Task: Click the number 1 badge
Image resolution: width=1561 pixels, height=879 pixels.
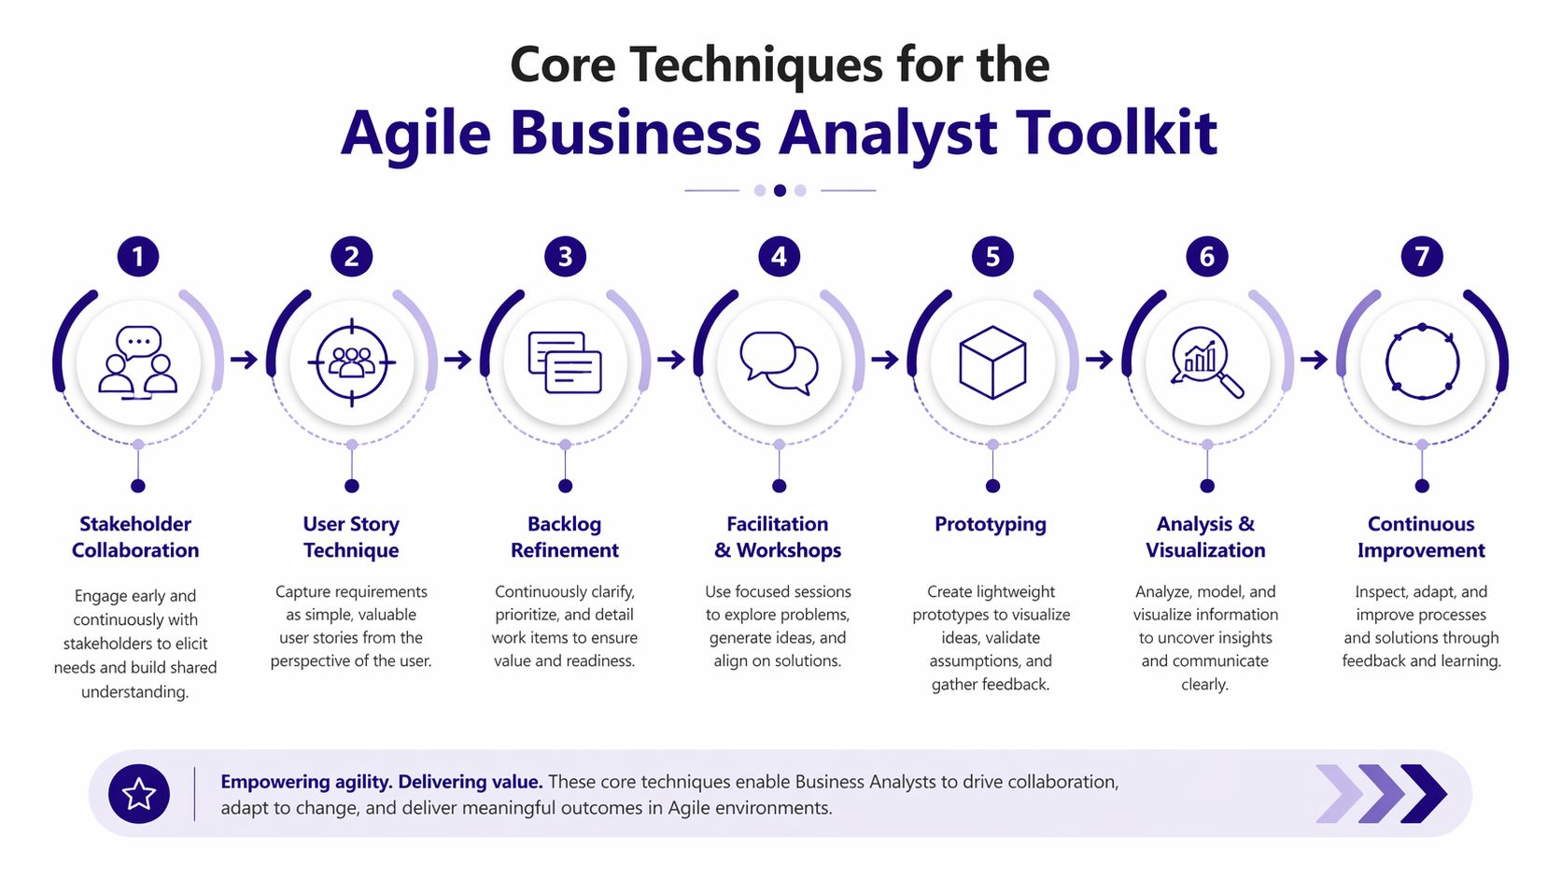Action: point(138,256)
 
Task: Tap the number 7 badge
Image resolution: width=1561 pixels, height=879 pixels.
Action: point(1422,256)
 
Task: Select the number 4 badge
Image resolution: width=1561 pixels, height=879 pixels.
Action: point(780,256)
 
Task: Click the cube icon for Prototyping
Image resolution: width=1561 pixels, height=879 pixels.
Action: point(992,362)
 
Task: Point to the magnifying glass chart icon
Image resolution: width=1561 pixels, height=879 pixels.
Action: point(1206,362)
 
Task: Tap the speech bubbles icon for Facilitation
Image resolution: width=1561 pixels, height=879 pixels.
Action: point(779,362)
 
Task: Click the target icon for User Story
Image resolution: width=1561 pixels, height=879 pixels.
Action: point(352,362)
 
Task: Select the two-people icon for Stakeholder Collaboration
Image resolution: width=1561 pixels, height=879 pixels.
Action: point(138,362)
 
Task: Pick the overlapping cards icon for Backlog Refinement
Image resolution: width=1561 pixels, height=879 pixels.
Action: point(565,362)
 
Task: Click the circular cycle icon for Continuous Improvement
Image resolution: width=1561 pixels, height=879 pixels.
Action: point(1422,362)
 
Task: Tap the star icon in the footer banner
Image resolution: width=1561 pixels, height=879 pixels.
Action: point(139,794)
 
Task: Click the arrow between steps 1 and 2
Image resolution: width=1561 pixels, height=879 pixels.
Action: point(244,360)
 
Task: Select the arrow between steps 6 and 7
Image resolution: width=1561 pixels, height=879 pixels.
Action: point(1314,360)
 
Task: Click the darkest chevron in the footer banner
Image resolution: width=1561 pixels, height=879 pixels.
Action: point(1424,794)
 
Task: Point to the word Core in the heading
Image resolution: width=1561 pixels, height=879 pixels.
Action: point(562,65)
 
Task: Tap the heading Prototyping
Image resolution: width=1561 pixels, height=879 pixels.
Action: point(991,524)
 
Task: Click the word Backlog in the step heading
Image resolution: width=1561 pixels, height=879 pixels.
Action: point(564,524)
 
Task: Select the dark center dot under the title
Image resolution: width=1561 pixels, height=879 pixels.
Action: point(780,191)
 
